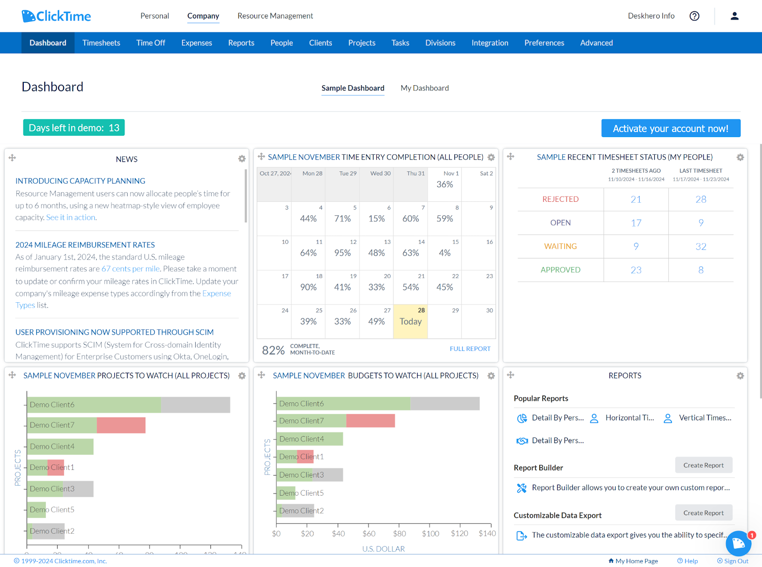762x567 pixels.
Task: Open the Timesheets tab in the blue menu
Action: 101,43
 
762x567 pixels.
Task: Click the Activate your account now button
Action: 670,129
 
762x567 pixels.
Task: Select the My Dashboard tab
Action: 424,88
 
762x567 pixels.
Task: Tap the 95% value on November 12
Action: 342,253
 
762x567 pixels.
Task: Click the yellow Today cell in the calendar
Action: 411,321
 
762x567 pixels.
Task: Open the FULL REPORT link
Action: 470,348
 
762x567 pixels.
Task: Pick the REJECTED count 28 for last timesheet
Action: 701,199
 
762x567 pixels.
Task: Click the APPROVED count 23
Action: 636,270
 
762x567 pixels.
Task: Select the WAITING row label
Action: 560,246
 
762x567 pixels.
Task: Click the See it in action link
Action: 71,217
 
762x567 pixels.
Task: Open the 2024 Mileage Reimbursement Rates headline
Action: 85,245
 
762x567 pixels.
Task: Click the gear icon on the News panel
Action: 242,159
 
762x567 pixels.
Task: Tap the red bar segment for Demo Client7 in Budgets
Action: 370,421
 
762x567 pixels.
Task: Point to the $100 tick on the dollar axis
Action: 431,534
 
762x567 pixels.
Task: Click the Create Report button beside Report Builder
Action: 703,465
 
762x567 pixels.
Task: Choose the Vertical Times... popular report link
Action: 704,418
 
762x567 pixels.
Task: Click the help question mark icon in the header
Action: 694,16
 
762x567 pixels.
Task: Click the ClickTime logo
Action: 56,16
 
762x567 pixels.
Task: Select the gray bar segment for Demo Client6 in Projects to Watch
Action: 195,405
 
